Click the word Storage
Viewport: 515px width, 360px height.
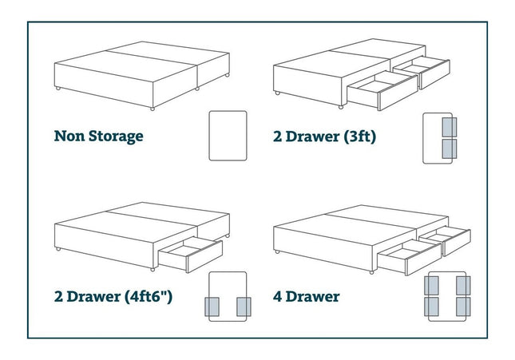click(116, 136)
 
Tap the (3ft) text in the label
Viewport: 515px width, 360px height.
click(359, 136)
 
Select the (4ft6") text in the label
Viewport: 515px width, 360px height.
click(149, 297)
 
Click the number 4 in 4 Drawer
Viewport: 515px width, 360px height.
click(277, 297)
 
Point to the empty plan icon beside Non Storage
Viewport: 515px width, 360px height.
click(228, 136)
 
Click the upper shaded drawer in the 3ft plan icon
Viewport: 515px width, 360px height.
click(450, 127)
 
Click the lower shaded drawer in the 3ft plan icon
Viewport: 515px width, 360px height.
click(450, 148)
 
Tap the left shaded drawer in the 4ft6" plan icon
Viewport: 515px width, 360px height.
click(212, 307)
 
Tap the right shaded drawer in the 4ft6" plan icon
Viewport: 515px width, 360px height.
click(244, 307)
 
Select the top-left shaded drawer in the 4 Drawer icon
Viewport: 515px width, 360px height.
click(432, 286)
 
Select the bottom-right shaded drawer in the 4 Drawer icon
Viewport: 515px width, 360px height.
click(463, 307)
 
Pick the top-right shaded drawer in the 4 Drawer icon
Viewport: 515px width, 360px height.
click(463, 286)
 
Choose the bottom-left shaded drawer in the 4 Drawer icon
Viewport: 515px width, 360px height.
click(432, 307)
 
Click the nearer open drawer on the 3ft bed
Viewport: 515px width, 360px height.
click(382, 90)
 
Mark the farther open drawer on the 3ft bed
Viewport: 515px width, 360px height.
click(422, 73)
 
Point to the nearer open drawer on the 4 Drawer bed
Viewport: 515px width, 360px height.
click(410, 257)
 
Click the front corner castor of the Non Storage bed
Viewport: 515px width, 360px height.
click(153, 109)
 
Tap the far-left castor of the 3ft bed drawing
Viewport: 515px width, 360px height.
click(278, 93)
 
